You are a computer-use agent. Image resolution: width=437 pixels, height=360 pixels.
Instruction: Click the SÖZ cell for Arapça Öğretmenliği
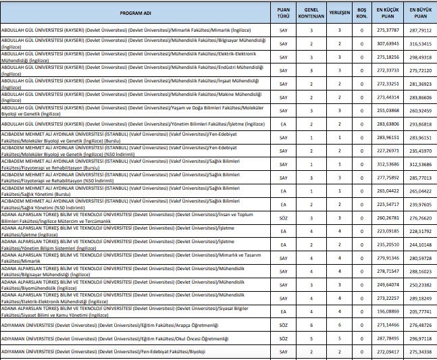(284, 325)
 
